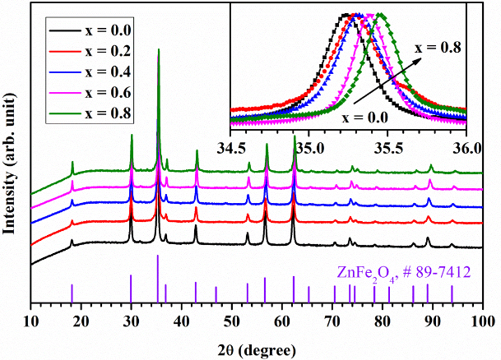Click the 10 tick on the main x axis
pyautogui.click(x=30, y=321)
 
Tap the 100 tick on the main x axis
pyautogui.click(x=482, y=321)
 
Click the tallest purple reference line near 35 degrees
pyautogui.click(x=157, y=279)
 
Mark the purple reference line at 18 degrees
pyautogui.click(x=72, y=293)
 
